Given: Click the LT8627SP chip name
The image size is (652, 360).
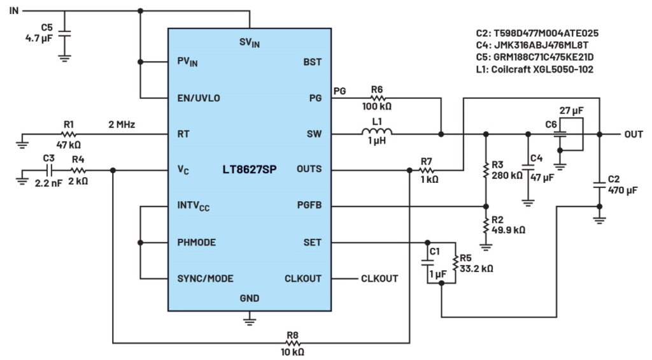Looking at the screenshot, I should pyautogui.click(x=249, y=170).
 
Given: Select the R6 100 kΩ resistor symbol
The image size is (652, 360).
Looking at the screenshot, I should pyautogui.click(x=377, y=98).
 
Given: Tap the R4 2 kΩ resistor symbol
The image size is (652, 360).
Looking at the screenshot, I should pyautogui.click(x=78, y=170).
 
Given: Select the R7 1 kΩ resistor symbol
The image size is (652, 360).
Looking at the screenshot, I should pyautogui.click(x=427, y=170).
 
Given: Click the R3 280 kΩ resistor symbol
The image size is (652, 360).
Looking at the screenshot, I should pyautogui.click(x=486, y=170).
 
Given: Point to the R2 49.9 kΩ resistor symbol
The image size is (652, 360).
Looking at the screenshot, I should pyautogui.click(x=486, y=225).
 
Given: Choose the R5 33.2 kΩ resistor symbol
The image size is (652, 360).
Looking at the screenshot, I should pyautogui.click(x=455, y=263).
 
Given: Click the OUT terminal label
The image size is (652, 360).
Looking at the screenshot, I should pyautogui.click(x=633, y=134).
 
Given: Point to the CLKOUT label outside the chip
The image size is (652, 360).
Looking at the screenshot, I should pyautogui.click(x=379, y=278).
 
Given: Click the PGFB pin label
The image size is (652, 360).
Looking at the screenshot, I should pyautogui.click(x=309, y=206).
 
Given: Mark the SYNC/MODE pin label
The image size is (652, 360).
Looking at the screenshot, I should pyautogui.click(x=205, y=278).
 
